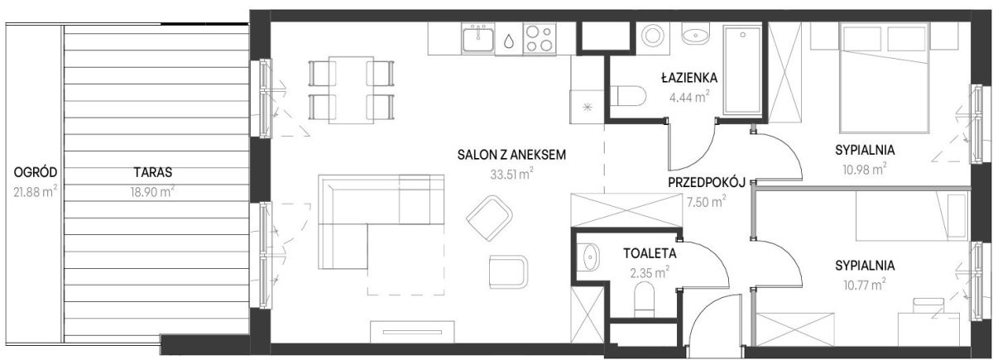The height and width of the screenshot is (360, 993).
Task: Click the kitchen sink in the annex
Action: (x=478, y=39)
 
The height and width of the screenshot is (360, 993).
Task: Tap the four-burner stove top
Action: (x=540, y=39)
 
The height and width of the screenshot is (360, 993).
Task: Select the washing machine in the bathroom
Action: (x=653, y=36)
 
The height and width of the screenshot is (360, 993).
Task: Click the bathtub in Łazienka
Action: (x=743, y=70)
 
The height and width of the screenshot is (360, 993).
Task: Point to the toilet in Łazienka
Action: (x=628, y=96)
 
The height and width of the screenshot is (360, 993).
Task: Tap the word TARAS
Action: (x=153, y=172)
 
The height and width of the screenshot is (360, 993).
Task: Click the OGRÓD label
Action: (x=36, y=172)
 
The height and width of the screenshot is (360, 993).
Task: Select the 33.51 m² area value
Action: (x=511, y=174)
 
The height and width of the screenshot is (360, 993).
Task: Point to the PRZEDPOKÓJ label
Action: (x=707, y=182)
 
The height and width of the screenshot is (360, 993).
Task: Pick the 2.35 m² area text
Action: (x=650, y=272)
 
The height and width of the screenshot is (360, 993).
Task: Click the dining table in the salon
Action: (x=351, y=90)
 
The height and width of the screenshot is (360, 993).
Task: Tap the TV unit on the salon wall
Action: (x=412, y=332)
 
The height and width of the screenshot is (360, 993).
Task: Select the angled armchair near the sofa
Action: (x=489, y=218)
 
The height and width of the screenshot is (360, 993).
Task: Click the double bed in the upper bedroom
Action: (x=885, y=78)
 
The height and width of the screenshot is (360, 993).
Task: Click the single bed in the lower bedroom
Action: (x=912, y=216)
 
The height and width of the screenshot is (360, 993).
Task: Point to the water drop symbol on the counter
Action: (x=509, y=41)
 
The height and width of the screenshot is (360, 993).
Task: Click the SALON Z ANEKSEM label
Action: (x=511, y=155)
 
